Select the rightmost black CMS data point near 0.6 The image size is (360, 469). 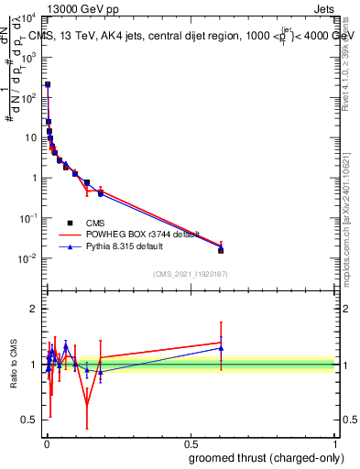pyautogui.click(x=221, y=250)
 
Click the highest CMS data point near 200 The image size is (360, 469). pyautogui.click(x=48, y=84)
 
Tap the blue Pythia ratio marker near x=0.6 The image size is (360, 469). pyautogui.click(x=221, y=348)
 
